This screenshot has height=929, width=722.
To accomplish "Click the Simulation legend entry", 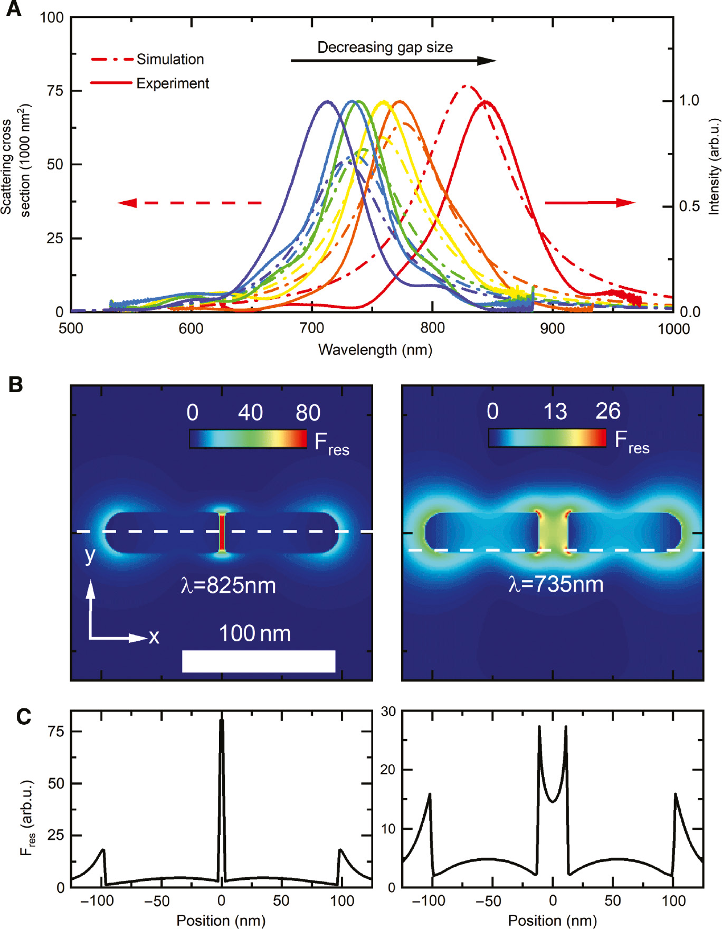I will pyautogui.click(x=170, y=59).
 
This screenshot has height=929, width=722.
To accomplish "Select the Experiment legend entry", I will pyautogui.click(x=173, y=83).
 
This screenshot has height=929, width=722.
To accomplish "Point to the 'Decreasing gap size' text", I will pyautogui.click(x=385, y=48).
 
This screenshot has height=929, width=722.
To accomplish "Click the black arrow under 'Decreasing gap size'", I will pyautogui.click(x=393, y=61).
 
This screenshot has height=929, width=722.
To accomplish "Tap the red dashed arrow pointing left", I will pyautogui.click(x=189, y=203).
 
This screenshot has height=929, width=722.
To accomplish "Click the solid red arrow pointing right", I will pyautogui.click(x=590, y=203).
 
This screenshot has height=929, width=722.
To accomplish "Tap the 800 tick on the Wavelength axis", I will pyautogui.click(x=432, y=328).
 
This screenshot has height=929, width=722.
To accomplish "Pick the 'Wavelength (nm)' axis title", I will pyautogui.click(x=375, y=350).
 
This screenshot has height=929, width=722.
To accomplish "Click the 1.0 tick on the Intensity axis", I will pyautogui.click(x=688, y=100).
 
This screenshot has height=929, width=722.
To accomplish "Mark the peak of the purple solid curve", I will pyautogui.click(x=327, y=101).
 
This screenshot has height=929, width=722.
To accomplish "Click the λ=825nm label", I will pyautogui.click(x=228, y=585).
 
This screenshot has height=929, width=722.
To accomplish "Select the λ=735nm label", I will pyautogui.click(x=556, y=584).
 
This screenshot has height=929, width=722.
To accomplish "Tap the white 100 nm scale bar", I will pyautogui.click(x=259, y=661).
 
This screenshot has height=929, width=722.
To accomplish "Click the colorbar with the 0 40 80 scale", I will pyautogui.click(x=248, y=439).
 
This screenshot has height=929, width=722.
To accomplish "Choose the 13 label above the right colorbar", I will pyautogui.click(x=555, y=412).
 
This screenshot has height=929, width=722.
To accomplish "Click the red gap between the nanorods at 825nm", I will pyautogui.click(x=222, y=533).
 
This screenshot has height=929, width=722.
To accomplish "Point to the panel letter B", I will pyautogui.click(x=15, y=384).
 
